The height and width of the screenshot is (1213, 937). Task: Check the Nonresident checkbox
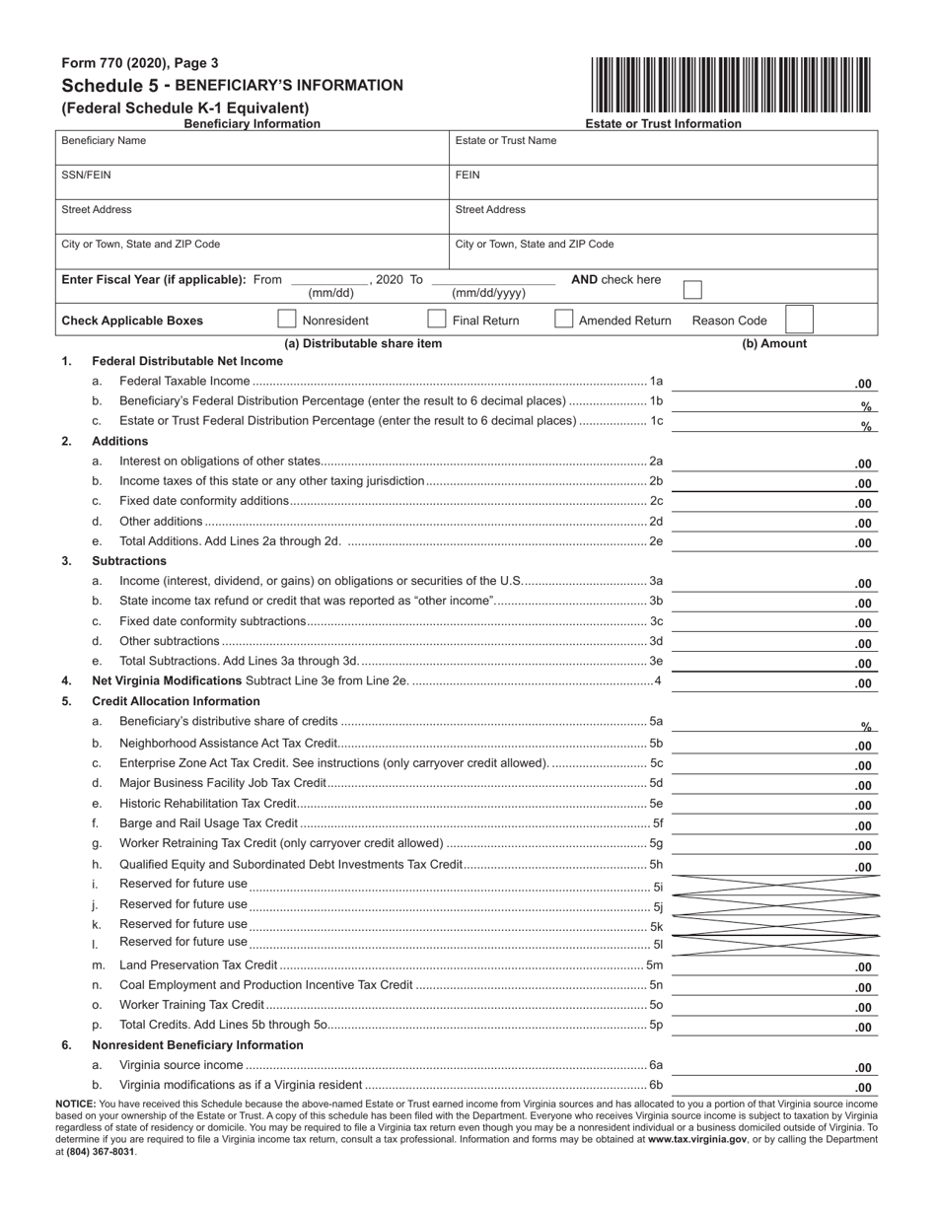pyautogui.click(x=287, y=320)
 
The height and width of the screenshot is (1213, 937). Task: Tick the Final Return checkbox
pyautogui.click(x=436, y=320)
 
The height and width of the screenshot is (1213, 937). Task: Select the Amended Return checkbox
pyautogui.click(x=564, y=320)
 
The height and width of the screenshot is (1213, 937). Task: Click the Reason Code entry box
pyautogui.click(x=798, y=320)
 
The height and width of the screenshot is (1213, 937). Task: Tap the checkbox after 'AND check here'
pyautogui.click(x=692, y=289)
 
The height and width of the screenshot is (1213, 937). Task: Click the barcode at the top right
pyautogui.click(x=731, y=86)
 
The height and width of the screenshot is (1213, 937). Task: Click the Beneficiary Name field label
pyautogui.click(x=104, y=141)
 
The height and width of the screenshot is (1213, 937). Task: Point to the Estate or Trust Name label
pyautogui.click(x=505, y=141)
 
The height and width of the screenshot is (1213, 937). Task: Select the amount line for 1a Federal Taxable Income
pyautogui.click(x=774, y=383)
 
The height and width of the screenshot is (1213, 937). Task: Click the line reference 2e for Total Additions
pyautogui.click(x=656, y=541)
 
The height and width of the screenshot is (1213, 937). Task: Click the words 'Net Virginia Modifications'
pyautogui.click(x=167, y=680)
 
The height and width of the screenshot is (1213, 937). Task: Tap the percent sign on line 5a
pyautogui.click(x=866, y=727)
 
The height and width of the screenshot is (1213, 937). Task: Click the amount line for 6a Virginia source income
pyautogui.click(x=774, y=1067)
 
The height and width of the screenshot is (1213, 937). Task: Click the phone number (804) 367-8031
pyautogui.click(x=103, y=1151)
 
